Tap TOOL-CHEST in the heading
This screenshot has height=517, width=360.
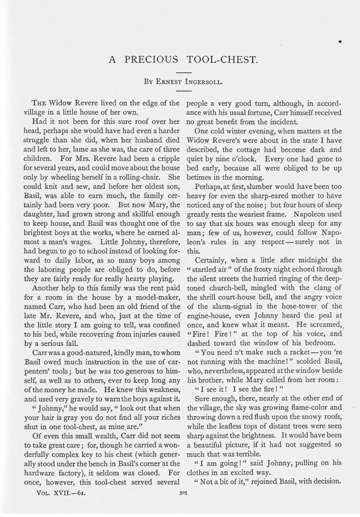(220, 59)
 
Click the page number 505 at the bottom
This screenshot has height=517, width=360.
(180, 493)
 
